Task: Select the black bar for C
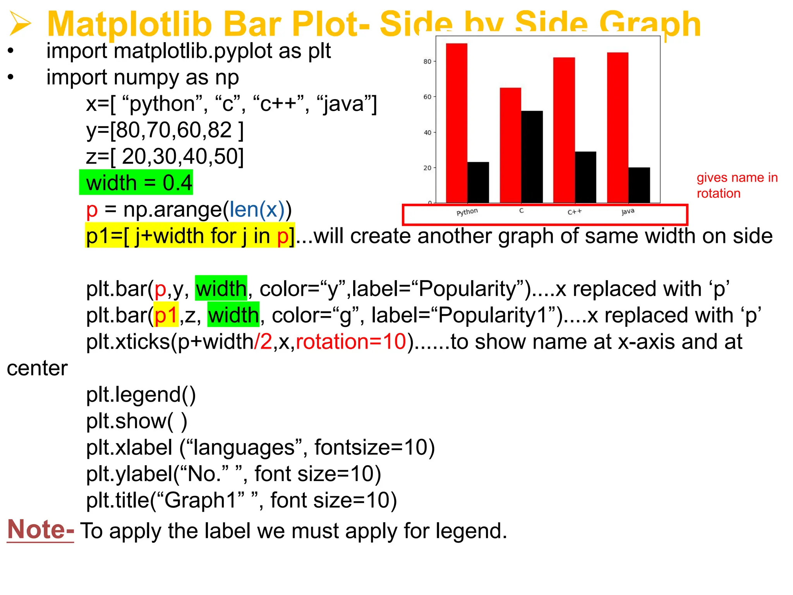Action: tap(532, 156)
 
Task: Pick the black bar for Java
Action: tap(639, 185)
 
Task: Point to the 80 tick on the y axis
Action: tap(427, 62)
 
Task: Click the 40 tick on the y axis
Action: tap(427, 132)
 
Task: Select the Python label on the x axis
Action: tap(467, 212)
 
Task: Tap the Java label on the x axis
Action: tap(628, 212)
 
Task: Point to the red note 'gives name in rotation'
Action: tap(737, 185)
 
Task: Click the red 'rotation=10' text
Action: tap(351, 342)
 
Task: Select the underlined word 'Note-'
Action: tap(41, 530)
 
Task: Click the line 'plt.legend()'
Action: tap(141, 394)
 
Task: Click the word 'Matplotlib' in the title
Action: tap(129, 24)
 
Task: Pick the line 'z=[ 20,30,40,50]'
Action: tap(165, 156)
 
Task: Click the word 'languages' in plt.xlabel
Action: tap(244, 447)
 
